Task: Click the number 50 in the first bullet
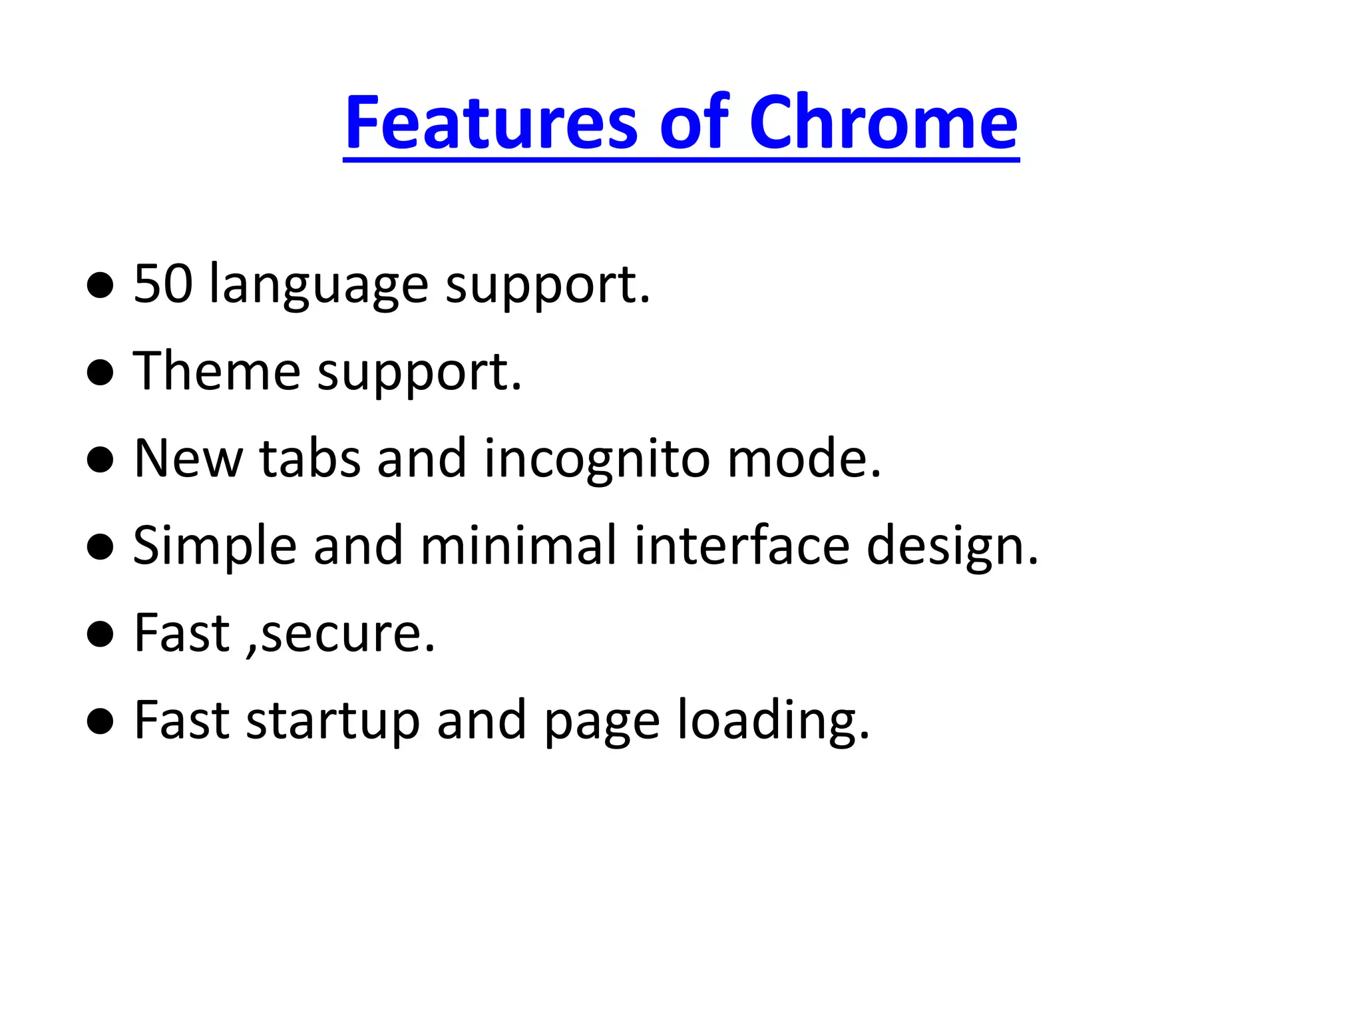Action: point(163,284)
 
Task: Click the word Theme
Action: point(216,371)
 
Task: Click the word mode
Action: point(803,458)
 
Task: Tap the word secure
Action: point(347,634)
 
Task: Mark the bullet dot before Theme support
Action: point(100,373)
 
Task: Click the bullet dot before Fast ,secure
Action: point(100,634)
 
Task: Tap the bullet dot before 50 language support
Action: point(100,285)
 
